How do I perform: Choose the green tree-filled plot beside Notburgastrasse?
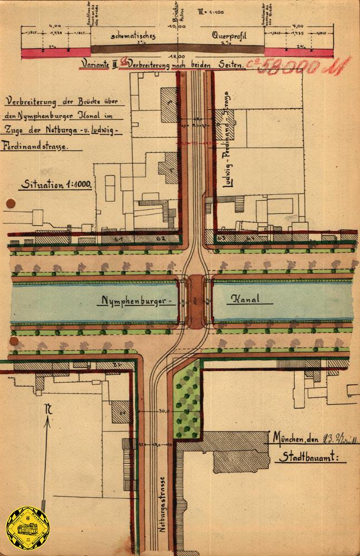(187, 399)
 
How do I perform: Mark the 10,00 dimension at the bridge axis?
(178, 26)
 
